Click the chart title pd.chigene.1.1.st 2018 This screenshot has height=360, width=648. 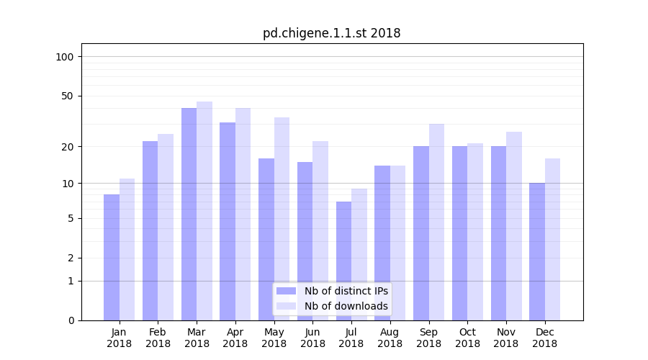click(331, 33)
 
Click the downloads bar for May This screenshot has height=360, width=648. click(282, 219)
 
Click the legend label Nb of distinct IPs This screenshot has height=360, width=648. click(346, 291)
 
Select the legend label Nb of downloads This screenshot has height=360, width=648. click(346, 306)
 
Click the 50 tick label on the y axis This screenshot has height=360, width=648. click(68, 96)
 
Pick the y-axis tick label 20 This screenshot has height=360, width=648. click(68, 147)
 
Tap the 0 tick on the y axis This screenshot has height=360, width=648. click(71, 320)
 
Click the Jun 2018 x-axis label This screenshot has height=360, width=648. click(312, 338)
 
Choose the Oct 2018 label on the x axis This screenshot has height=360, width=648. click(467, 338)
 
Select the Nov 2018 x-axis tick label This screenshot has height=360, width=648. click(506, 338)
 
